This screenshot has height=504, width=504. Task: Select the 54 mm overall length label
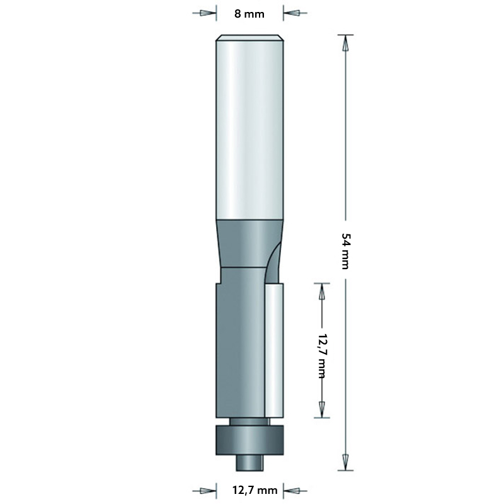345,251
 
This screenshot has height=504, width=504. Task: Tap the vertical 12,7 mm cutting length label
322,353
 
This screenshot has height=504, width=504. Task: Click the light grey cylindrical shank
249,126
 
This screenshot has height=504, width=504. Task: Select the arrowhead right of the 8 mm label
292,13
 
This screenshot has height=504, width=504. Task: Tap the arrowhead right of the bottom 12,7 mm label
292,490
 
